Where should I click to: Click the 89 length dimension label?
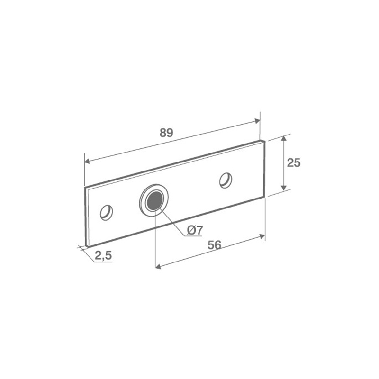(x=167, y=133)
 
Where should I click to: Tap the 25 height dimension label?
(x=294, y=162)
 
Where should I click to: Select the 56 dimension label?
(x=215, y=245)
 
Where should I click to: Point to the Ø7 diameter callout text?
(x=195, y=230)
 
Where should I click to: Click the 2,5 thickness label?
(x=103, y=256)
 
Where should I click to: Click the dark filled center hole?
(x=154, y=200)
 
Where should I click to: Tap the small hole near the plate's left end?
(x=106, y=213)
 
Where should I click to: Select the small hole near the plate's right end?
(x=226, y=180)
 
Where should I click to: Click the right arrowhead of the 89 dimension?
(x=257, y=121)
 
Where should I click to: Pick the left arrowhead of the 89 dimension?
(x=87, y=161)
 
